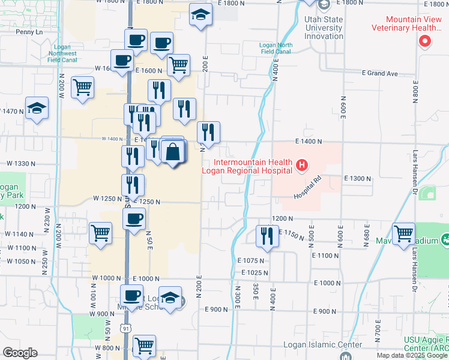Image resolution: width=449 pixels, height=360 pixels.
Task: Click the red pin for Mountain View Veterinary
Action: click(x=425, y=41)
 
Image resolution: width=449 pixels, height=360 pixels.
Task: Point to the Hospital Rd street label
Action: click(x=308, y=188)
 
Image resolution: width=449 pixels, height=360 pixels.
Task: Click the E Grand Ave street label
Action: click(x=380, y=74)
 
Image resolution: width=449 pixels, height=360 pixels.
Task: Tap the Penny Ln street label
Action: click(x=29, y=32)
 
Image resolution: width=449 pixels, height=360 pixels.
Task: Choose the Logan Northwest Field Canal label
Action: click(x=62, y=53)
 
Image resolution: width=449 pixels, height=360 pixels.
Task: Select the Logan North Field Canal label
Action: click(x=276, y=48)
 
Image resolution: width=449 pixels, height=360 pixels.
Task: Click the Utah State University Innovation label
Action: click(x=324, y=28)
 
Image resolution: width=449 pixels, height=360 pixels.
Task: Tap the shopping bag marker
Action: click(x=173, y=152)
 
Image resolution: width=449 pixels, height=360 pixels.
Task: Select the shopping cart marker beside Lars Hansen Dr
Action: click(x=403, y=233)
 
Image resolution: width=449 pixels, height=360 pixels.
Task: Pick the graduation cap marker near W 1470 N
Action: click(x=37, y=109)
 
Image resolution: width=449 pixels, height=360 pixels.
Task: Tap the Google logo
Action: click(x=20, y=352)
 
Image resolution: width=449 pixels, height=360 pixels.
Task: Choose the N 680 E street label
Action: click(x=367, y=238)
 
